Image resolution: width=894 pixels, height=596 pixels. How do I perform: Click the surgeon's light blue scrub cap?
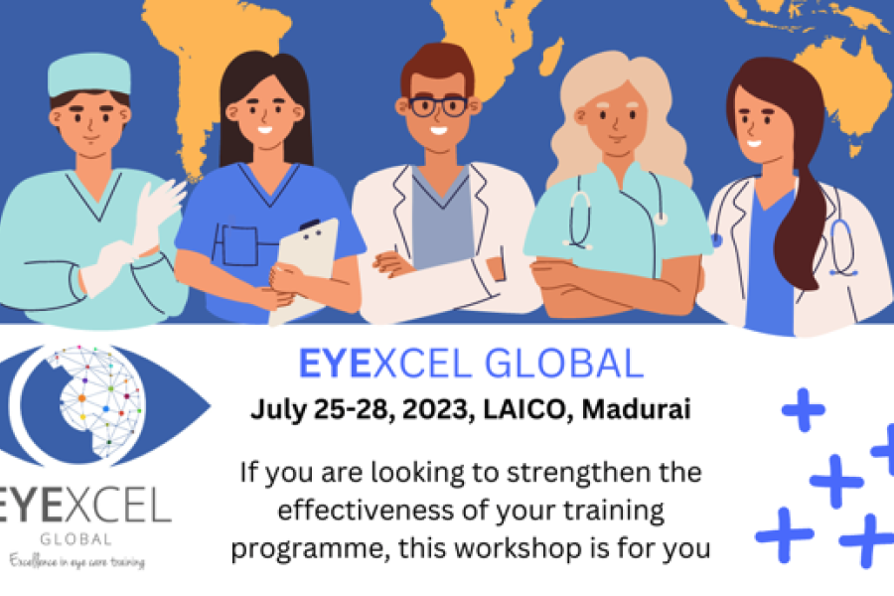pyautogui.click(x=89, y=74)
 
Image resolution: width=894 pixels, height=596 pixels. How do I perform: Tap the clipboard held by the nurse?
pyautogui.click(x=305, y=268)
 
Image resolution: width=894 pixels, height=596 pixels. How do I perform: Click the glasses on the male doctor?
pyautogui.click(x=437, y=106)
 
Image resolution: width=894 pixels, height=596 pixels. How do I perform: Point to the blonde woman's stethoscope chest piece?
pyautogui.click(x=661, y=218)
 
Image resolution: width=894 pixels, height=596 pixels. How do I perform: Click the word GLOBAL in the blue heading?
pyautogui.click(x=564, y=364)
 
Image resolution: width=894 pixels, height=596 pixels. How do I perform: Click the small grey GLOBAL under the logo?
pyautogui.click(x=75, y=539)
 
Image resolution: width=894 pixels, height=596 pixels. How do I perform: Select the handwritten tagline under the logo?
pyautogui.click(x=76, y=561)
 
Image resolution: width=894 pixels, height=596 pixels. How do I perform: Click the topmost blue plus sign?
pyautogui.click(x=804, y=409)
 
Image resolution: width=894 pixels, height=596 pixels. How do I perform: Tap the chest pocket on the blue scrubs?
pyautogui.click(x=240, y=245)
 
